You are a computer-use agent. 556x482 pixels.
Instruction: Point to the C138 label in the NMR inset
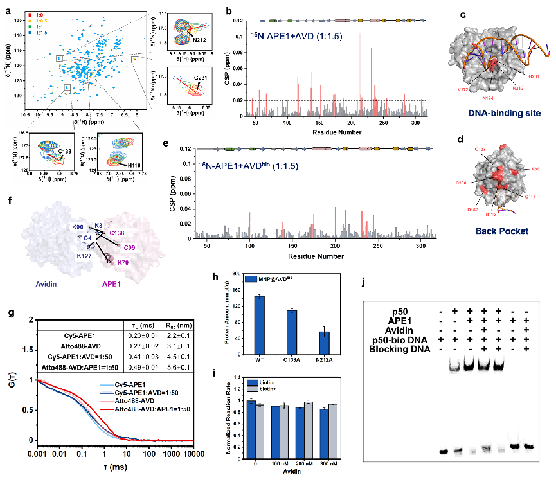pos(46,149)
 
